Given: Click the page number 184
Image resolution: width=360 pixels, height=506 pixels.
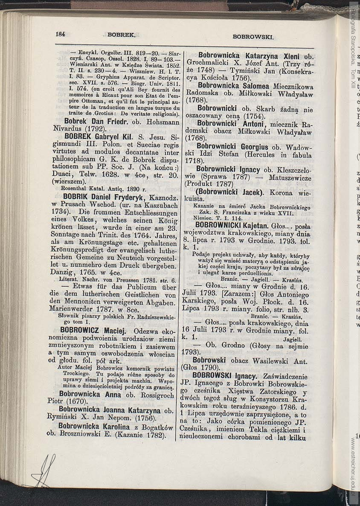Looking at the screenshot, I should click(x=60, y=35).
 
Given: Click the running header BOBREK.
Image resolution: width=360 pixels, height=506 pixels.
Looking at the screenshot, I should click(x=121, y=36).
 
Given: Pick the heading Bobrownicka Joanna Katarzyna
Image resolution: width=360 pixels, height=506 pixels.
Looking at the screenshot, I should click(x=110, y=410).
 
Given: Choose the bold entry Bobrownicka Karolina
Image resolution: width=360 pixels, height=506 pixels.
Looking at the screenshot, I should click(x=94, y=426).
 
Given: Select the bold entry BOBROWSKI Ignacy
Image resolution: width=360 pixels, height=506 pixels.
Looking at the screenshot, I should click(x=224, y=376).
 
